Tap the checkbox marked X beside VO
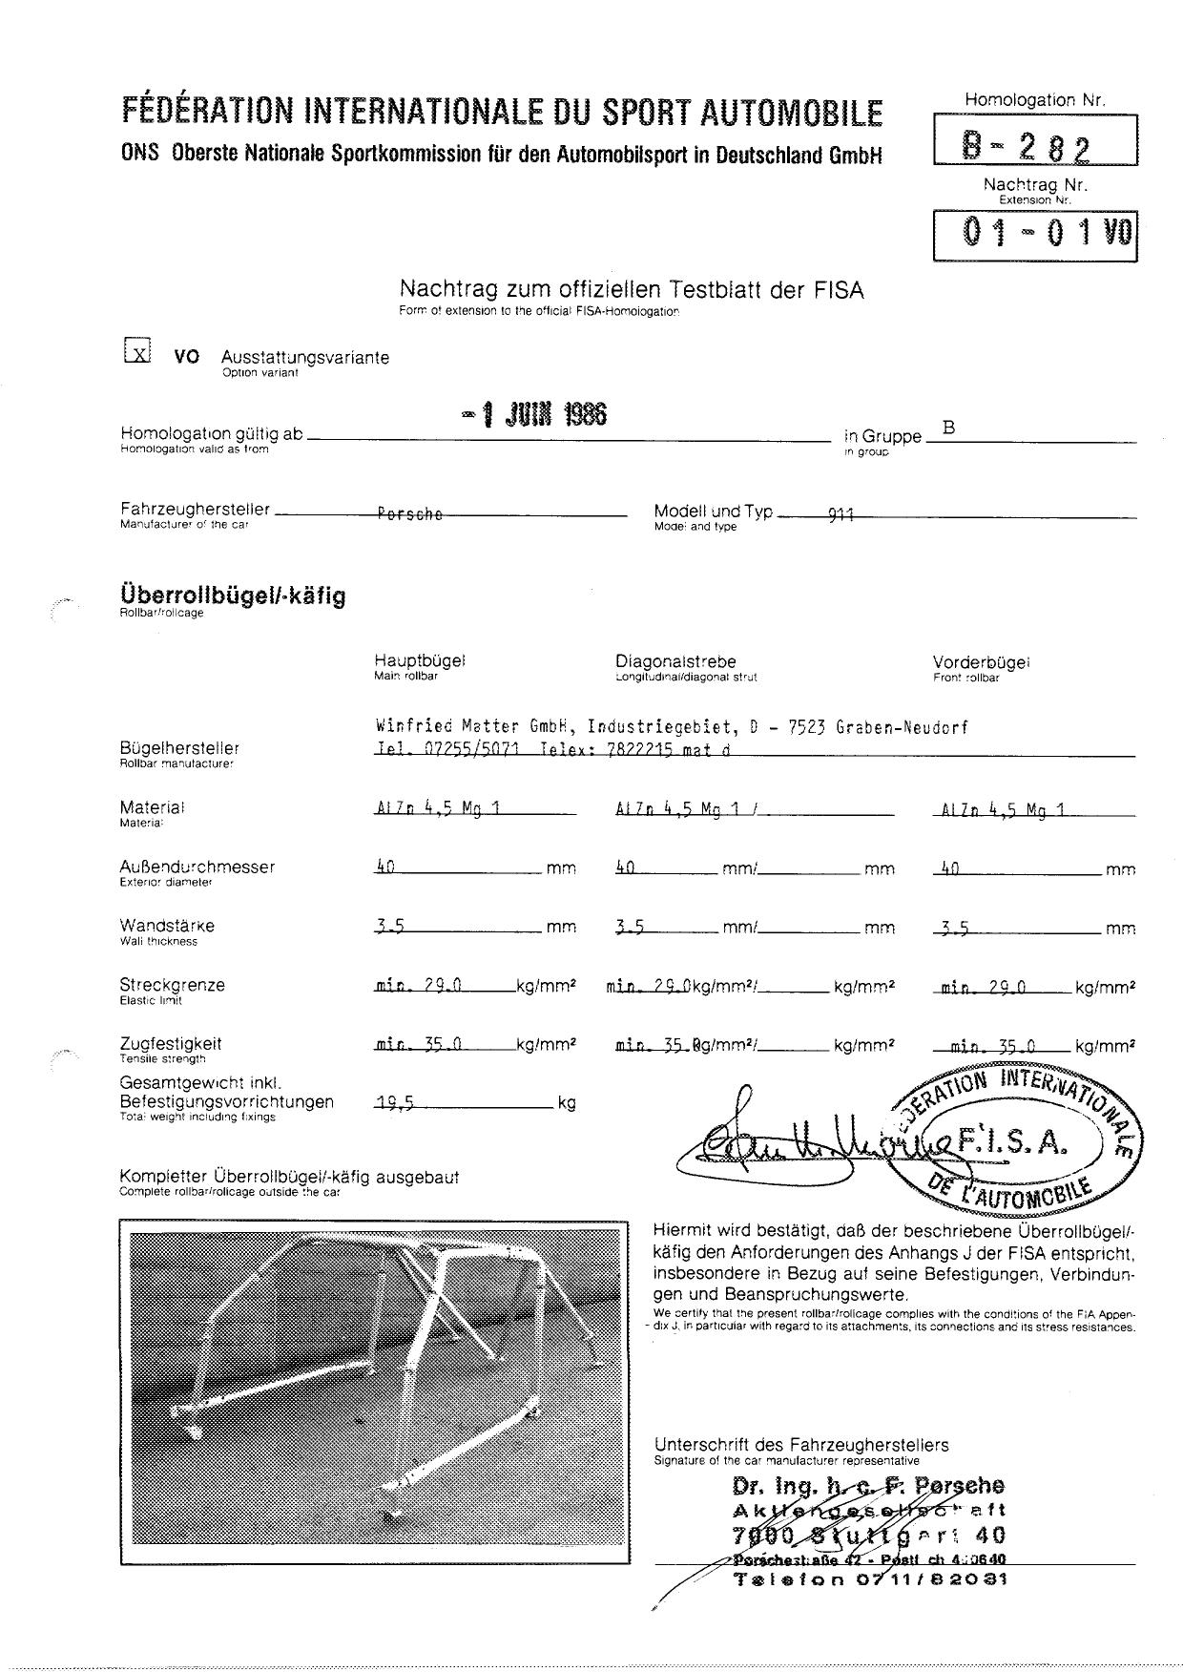pyautogui.click(x=138, y=352)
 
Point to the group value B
pyautogui.click(x=948, y=428)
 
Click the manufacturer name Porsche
pyautogui.click(x=410, y=514)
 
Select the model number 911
pyautogui.click(x=841, y=515)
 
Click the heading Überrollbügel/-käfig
pyautogui.click(x=233, y=596)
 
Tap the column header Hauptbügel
pyautogui.click(x=419, y=660)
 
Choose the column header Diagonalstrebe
pyautogui.click(x=675, y=660)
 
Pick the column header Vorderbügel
pyautogui.click(x=981, y=661)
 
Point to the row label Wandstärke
pyautogui.click(x=167, y=926)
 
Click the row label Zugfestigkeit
pyautogui.click(x=171, y=1043)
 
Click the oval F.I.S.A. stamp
pyautogui.click(x=1017, y=1142)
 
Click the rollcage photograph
pyautogui.click(x=375, y=1392)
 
